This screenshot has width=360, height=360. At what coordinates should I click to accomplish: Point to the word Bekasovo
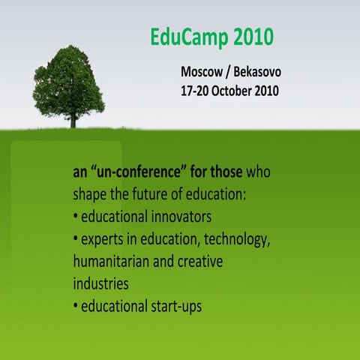(255, 73)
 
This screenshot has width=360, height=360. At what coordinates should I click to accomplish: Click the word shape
(90, 195)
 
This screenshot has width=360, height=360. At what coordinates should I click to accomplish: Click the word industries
(100, 285)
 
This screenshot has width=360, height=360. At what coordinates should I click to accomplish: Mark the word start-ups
(174, 307)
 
